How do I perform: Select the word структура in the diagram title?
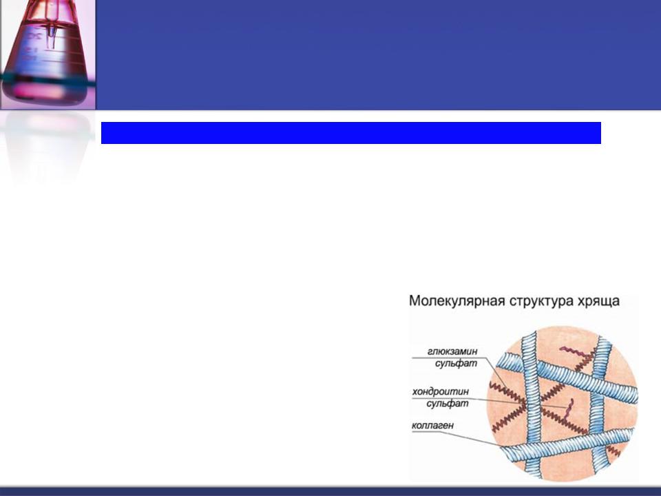tap(541, 302)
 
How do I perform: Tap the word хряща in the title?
tap(598, 302)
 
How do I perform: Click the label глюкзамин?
tap(452, 351)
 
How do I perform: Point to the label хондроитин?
tap(441, 391)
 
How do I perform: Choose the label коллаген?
tap(432, 426)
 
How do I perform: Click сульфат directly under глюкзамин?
tap(456, 363)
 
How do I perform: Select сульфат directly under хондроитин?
tap(448, 404)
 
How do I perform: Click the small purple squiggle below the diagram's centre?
tap(568, 411)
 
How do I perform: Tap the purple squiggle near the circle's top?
tap(574, 351)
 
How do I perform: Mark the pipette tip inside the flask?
tap(50, 41)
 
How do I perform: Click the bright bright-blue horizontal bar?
tap(350, 133)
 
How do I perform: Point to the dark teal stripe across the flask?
tap(48, 79)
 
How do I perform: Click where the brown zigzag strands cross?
tap(523, 406)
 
